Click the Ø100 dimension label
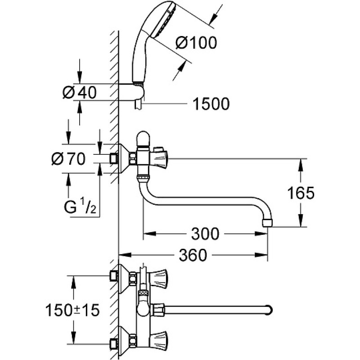click(x=196, y=43)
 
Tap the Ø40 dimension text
click(x=80, y=93)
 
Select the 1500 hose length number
click(x=211, y=104)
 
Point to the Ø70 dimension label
click(x=68, y=159)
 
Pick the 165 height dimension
click(x=301, y=193)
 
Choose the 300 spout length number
click(x=205, y=234)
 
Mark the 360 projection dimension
click(x=193, y=255)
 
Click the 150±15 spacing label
click(x=72, y=310)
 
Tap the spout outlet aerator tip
click(x=267, y=222)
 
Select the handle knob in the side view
click(x=159, y=159)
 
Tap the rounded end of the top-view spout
click(x=269, y=310)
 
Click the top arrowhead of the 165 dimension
click(x=301, y=165)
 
